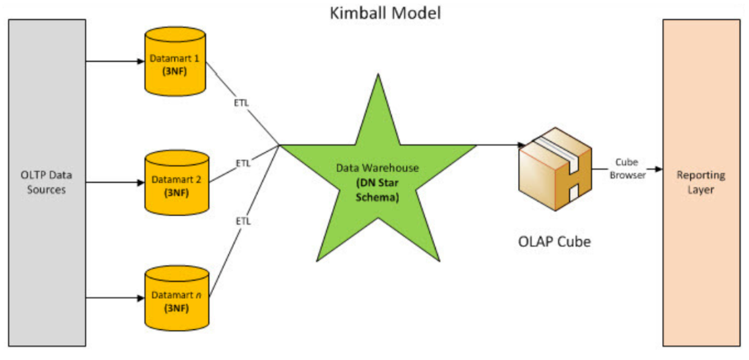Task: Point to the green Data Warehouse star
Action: click(378, 178)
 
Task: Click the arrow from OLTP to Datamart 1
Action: click(114, 61)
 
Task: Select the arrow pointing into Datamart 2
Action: click(114, 181)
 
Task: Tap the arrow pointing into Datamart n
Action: click(114, 298)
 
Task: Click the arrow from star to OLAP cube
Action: click(499, 145)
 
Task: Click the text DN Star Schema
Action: click(378, 190)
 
